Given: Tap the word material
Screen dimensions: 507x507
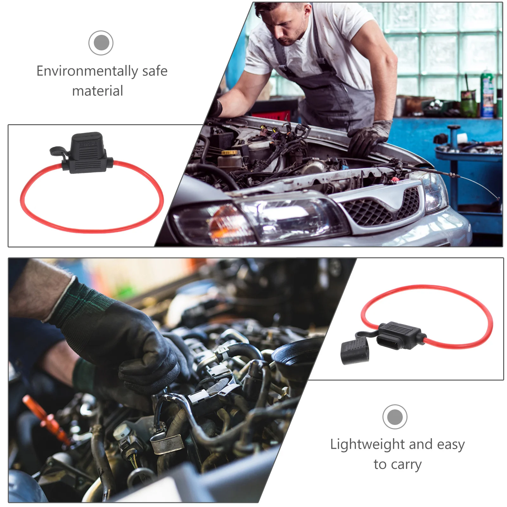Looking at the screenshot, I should click(x=98, y=91).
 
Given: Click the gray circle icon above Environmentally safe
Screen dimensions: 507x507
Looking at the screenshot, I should click(x=101, y=43).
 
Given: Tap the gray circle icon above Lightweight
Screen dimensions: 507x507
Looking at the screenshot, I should click(x=395, y=417).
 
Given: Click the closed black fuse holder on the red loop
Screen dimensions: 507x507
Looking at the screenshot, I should click(x=87, y=153).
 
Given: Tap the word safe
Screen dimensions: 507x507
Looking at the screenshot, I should click(x=155, y=71).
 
